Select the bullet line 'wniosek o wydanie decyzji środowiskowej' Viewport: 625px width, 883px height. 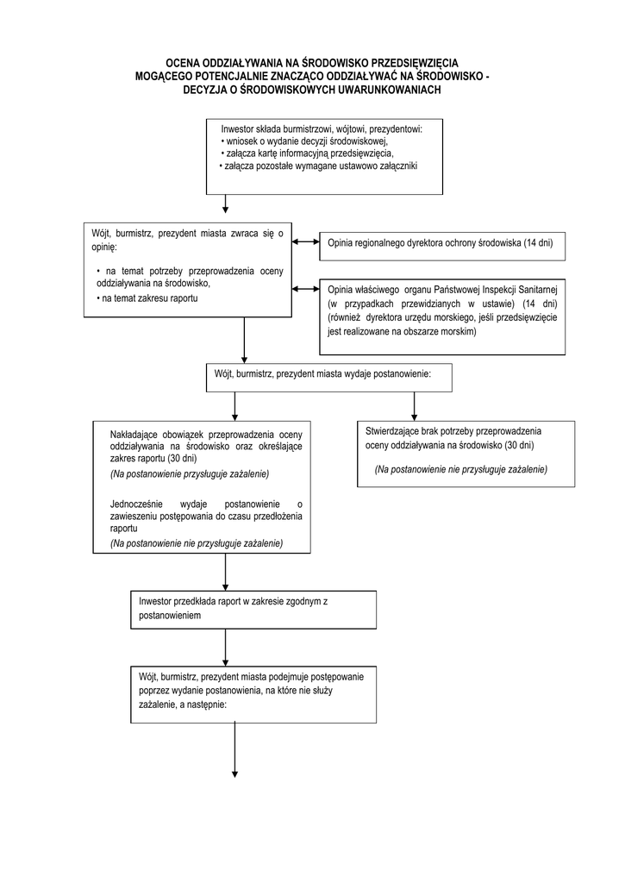[307, 141]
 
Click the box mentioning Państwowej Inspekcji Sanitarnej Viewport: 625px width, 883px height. [442, 316]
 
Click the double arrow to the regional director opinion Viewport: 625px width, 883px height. [305, 242]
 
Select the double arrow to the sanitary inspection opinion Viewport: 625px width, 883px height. [305, 290]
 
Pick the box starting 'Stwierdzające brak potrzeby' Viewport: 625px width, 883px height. [466, 454]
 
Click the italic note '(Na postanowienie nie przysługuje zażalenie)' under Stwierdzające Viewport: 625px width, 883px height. [461, 469]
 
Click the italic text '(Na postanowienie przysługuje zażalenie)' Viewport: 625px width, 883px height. [190, 474]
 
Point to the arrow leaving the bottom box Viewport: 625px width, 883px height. [234, 750]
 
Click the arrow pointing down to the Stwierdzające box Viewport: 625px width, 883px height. [414, 406]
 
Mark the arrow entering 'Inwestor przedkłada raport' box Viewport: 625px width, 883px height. [226, 572]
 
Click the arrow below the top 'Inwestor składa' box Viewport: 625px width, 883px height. [226, 204]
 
